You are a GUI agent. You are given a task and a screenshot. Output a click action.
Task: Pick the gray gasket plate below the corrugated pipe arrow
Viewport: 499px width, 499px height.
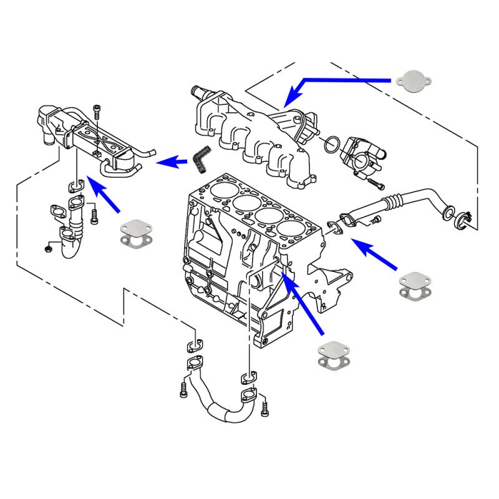(x=414, y=284)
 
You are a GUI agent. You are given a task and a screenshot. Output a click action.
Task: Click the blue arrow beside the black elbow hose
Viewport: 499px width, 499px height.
(x=172, y=163)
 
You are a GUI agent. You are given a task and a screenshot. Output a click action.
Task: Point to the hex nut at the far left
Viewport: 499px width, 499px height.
(x=49, y=248)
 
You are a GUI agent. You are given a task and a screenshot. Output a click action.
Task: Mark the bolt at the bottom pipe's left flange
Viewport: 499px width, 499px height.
(x=183, y=389)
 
